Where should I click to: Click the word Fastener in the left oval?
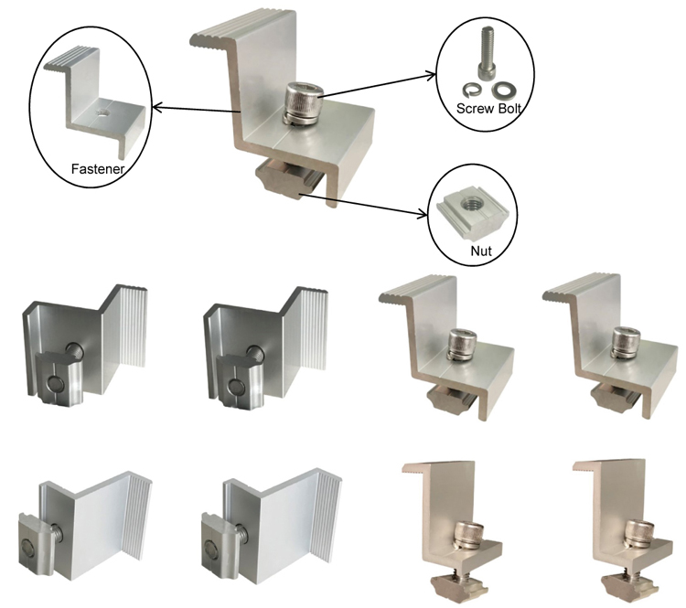98,169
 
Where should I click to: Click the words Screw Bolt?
488,108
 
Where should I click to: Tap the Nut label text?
481,251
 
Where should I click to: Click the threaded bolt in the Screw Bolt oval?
487,53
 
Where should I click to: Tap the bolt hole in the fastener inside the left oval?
103,113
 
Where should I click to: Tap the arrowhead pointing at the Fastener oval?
156,106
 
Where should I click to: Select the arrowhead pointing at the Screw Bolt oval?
431,76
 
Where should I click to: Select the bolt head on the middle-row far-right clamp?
626,342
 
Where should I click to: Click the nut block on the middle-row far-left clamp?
59,377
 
